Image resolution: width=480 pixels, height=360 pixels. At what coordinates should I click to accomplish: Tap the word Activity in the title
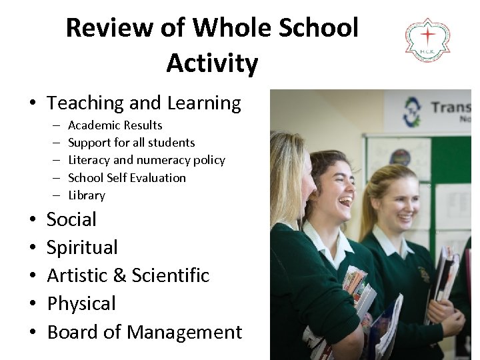click(x=212, y=63)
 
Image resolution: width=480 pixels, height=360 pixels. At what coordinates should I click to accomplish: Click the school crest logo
click(x=427, y=40)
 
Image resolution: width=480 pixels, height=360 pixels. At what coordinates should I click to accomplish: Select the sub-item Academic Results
click(x=115, y=125)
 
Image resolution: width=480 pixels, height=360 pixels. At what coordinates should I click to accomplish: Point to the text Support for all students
click(x=131, y=143)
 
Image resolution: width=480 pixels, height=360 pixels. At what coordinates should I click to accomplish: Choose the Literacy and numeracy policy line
click(x=147, y=160)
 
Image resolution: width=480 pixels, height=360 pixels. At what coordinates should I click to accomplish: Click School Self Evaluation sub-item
click(x=127, y=178)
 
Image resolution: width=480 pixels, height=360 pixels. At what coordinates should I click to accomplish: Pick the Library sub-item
click(x=87, y=195)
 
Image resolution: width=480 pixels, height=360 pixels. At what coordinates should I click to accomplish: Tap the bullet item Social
click(x=71, y=219)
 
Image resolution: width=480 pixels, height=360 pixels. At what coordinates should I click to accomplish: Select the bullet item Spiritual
click(x=82, y=247)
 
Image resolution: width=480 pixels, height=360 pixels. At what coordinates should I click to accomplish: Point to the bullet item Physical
click(x=81, y=303)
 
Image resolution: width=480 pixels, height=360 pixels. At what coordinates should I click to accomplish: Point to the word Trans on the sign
click(x=451, y=108)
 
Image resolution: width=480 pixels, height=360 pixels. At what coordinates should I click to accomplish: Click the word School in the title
click(x=319, y=28)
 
